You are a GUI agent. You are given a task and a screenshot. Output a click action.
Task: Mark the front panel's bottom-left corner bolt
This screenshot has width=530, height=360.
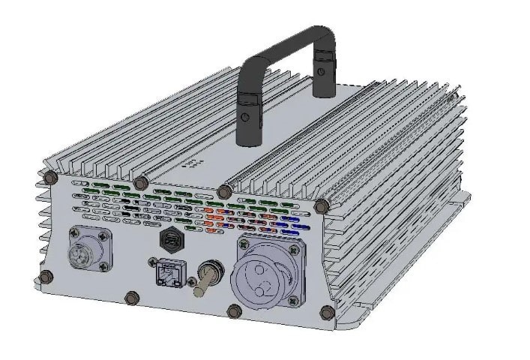point(46,276)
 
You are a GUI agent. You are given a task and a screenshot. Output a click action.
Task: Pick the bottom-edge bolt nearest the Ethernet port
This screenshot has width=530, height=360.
point(133,297)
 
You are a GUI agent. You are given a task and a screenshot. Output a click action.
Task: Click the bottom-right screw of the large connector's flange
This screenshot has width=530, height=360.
point(292,300)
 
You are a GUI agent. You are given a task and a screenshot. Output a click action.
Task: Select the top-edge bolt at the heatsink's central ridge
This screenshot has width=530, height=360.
point(223,192)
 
